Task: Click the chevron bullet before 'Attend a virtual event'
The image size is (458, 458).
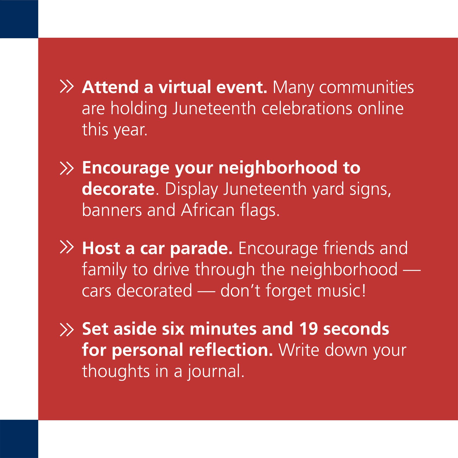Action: click(66, 87)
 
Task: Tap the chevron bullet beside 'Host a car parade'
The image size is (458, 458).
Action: click(66, 247)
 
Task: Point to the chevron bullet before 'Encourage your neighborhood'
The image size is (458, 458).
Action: click(66, 168)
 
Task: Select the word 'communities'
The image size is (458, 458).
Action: click(366, 87)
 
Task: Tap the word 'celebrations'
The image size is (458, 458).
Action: click(307, 109)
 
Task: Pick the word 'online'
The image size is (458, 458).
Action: click(380, 109)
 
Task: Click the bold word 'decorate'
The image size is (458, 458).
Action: click(118, 189)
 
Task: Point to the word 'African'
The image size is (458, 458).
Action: click(208, 210)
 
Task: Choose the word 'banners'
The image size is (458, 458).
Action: click(112, 210)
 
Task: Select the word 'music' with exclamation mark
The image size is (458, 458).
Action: click(341, 291)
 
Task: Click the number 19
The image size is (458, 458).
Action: click(308, 329)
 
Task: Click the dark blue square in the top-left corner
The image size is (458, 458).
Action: click(19, 19)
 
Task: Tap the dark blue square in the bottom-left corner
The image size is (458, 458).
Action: click(19, 439)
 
